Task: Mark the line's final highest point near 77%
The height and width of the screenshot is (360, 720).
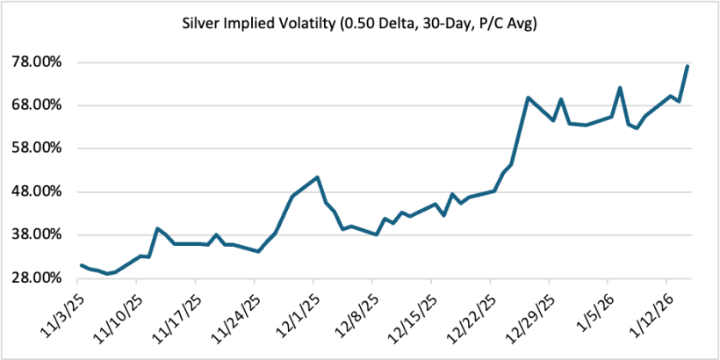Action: point(688,66)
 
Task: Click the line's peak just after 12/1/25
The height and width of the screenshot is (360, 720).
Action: point(317,177)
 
